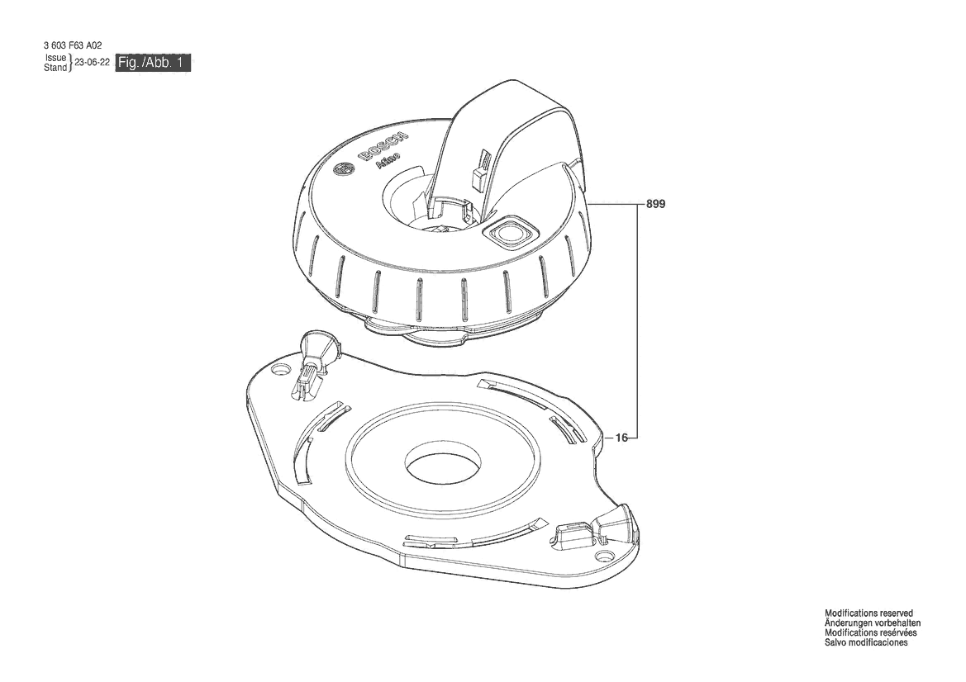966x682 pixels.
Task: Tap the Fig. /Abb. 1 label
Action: (154, 64)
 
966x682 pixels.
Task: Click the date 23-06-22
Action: (93, 63)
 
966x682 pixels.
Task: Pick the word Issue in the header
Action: (55, 59)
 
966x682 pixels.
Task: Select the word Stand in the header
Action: (55, 68)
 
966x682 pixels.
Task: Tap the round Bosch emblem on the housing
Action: (342, 171)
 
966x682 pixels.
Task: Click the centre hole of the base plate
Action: (441, 468)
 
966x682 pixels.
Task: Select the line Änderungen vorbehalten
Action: (873, 623)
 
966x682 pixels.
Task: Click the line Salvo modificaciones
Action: (866, 642)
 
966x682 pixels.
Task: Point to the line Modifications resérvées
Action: (870, 632)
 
